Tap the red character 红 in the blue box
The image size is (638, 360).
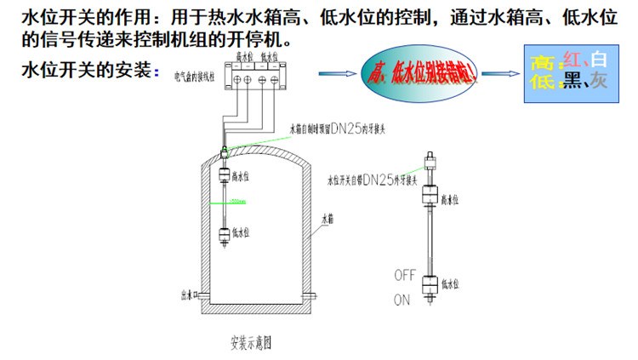tap(572, 60)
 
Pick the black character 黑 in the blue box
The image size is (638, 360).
tap(571, 81)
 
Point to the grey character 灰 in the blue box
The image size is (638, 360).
tap(599, 81)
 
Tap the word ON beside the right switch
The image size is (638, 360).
tap(402, 300)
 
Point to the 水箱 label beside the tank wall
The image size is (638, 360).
tap(328, 218)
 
